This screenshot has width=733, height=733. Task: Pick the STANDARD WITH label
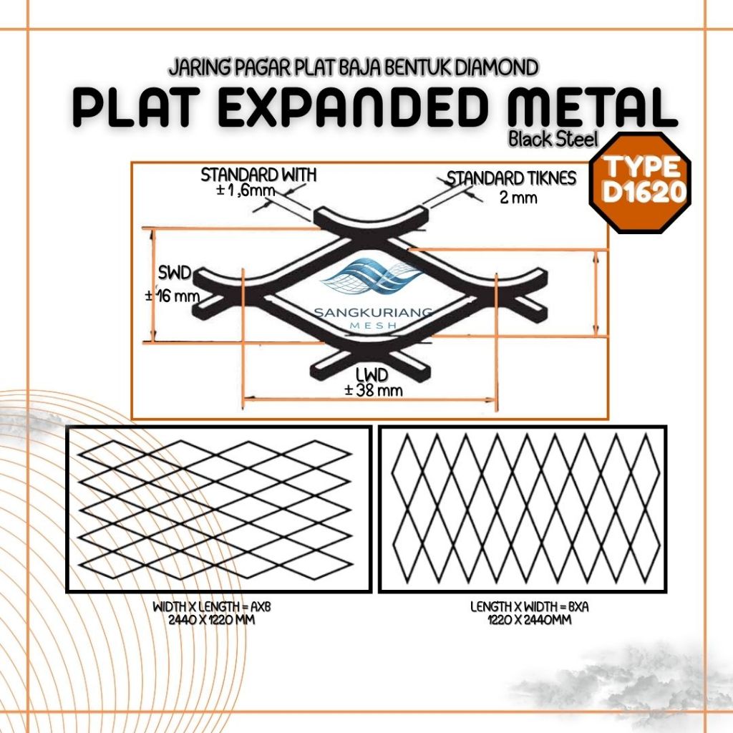pyautogui.click(x=258, y=175)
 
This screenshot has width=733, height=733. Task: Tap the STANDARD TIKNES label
pyautogui.click(x=511, y=178)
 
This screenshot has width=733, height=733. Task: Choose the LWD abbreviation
pyautogui.click(x=372, y=374)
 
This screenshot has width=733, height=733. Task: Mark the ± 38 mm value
pyautogui.click(x=373, y=391)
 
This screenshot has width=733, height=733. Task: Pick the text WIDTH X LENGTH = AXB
pyautogui.click(x=213, y=607)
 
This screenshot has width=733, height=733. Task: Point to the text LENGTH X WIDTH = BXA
pyautogui.click(x=520, y=607)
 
